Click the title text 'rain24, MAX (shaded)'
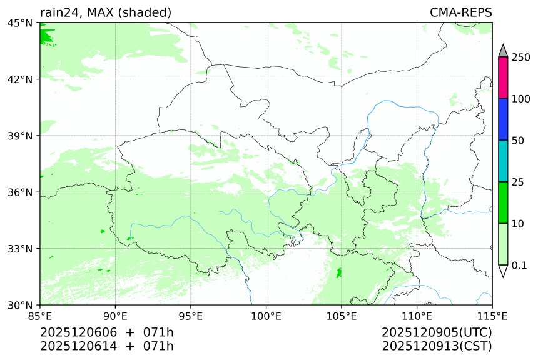[106, 12]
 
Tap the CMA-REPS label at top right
[460, 12]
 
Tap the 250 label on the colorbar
[520, 57]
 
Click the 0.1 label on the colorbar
[519, 266]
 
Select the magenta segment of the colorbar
[503, 77]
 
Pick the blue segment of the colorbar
[503, 119]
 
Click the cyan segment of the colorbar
[503, 161]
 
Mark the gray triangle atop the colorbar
[503, 51]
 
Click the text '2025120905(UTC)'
[437, 331]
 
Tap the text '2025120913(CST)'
[437, 346]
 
